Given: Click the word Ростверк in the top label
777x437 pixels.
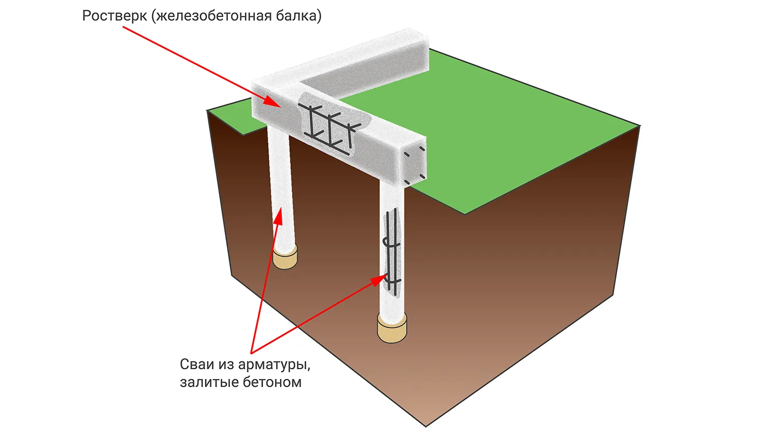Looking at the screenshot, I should (x=114, y=16).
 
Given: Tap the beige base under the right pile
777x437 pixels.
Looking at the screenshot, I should (x=392, y=330).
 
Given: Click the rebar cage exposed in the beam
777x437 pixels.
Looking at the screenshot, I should (x=330, y=126).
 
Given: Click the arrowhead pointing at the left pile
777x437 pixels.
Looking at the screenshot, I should (x=279, y=215).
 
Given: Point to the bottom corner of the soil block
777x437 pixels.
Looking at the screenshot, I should (x=426, y=426).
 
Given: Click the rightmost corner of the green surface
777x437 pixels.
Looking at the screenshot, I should (x=640, y=126).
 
